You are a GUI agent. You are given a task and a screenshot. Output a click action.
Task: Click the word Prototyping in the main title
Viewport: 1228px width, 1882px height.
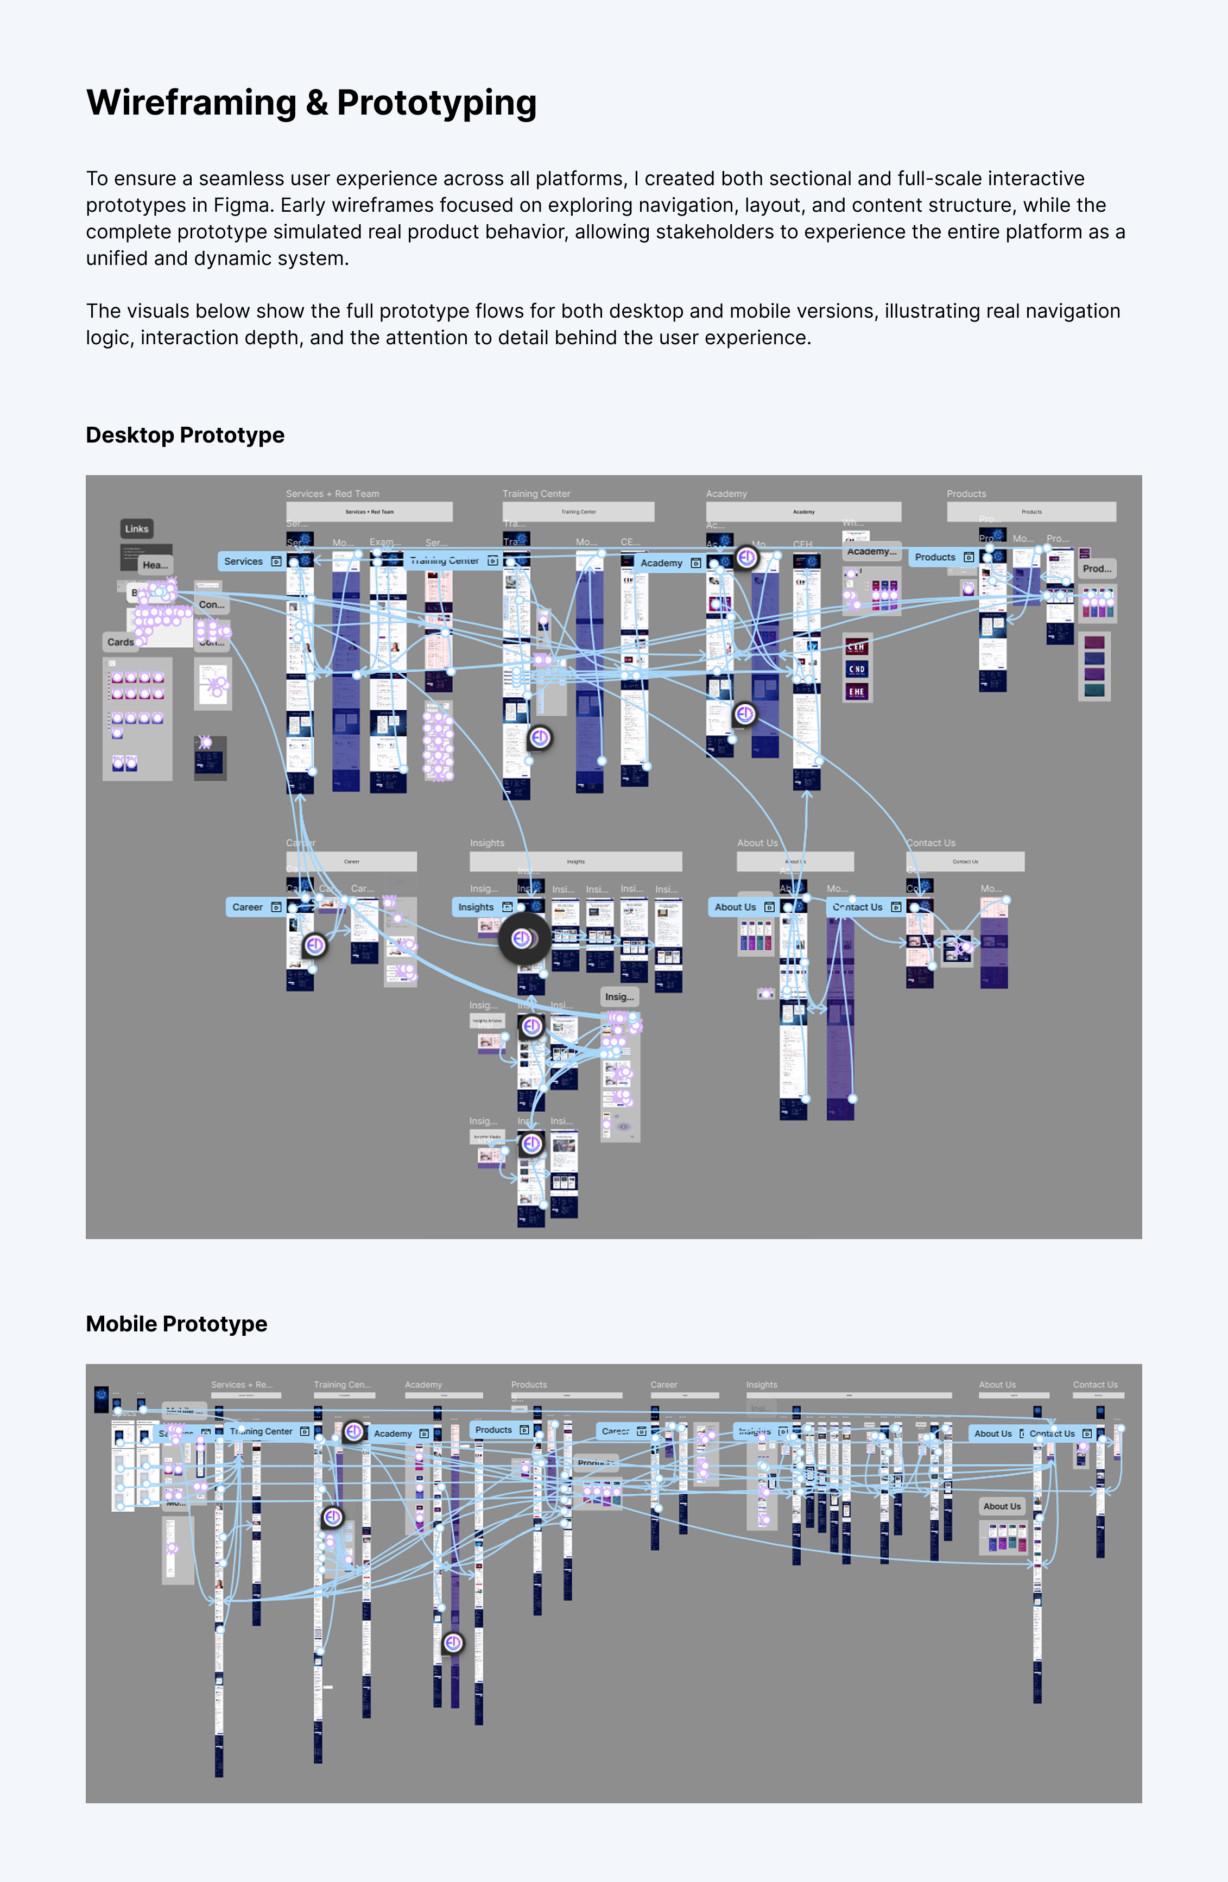click(436, 103)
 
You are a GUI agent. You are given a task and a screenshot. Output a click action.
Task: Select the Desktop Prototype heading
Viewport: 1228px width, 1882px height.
click(185, 435)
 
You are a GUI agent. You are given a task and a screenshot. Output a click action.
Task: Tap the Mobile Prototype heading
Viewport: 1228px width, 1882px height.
click(176, 1324)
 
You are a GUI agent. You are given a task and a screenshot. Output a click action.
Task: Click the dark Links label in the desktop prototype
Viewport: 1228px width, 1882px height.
click(137, 529)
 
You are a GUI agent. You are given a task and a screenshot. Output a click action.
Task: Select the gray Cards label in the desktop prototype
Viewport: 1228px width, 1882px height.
click(120, 642)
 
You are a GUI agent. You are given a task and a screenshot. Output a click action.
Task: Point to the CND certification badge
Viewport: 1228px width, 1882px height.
click(857, 669)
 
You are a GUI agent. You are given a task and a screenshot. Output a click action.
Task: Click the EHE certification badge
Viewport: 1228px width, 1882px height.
click(857, 692)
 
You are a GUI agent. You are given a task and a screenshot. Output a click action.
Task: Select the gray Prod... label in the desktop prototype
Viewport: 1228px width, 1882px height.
click(1097, 569)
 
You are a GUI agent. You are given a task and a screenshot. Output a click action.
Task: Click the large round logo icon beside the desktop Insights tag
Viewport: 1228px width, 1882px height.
click(523, 939)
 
